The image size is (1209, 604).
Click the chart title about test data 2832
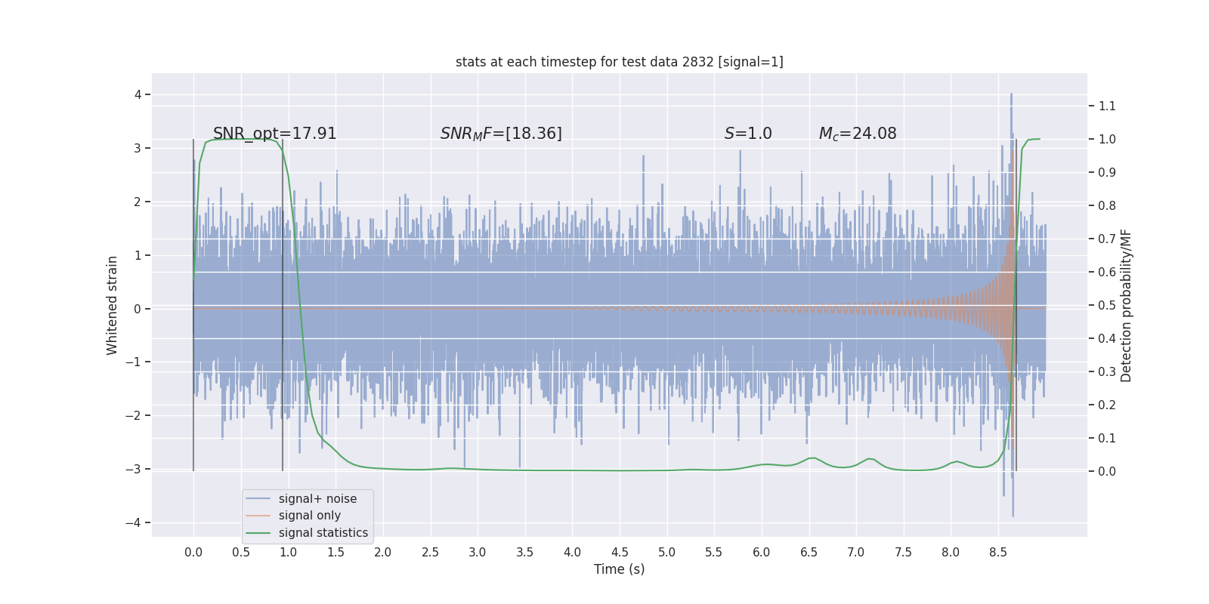tap(619, 62)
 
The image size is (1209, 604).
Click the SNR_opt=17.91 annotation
tap(274, 134)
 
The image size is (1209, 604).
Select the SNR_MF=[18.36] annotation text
tap(501, 134)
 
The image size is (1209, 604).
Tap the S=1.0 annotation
tap(748, 134)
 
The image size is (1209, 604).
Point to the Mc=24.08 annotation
tap(858, 134)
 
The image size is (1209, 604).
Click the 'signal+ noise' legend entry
tap(317, 498)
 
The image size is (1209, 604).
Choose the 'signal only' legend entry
tap(309, 516)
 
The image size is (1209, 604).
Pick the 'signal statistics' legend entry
tap(323, 532)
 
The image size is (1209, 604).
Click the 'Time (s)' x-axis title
tap(619, 569)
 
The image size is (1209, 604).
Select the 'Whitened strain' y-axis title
tap(113, 305)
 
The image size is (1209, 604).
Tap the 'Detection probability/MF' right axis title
tap(1126, 305)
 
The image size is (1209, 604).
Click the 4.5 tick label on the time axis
tap(619, 552)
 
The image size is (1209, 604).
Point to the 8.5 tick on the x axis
tap(997, 552)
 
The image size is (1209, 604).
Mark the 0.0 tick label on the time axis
tap(193, 552)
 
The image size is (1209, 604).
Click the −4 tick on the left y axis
tap(137, 522)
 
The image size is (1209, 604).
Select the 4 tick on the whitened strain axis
tap(138, 94)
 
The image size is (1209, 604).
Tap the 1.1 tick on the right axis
tap(1107, 106)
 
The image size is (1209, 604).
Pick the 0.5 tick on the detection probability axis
tap(1107, 305)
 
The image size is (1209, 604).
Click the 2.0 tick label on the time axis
tap(382, 552)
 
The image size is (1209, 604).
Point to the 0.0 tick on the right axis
tap(1107, 471)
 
